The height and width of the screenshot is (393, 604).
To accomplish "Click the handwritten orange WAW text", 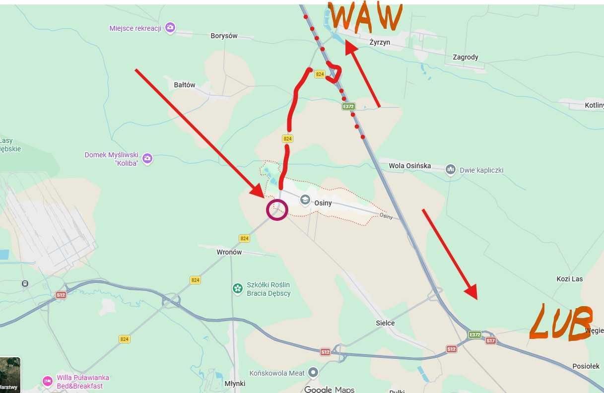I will pyautogui.click(x=365, y=17).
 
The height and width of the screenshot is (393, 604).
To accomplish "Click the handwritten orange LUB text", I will pyautogui.click(x=561, y=324).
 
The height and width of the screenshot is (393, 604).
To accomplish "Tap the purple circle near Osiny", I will pyautogui.click(x=277, y=209).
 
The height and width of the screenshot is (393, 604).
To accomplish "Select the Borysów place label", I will pyautogui.click(x=224, y=36).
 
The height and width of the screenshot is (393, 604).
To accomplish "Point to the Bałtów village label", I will pyautogui.click(x=185, y=85).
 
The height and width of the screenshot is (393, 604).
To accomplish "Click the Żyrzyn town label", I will pyautogui.click(x=380, y=43).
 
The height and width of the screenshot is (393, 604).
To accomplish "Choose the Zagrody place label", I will pyautogui.click(x=465, y=57).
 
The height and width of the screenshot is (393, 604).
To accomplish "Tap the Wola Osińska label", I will pyautogui.click(x=410, y=166).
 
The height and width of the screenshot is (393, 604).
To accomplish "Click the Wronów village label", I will pyautogui.click(x=229, y=252).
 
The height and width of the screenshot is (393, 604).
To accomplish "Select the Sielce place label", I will pyautogui.click(x=385, y=323).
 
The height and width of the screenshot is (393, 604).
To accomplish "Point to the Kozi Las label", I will pyautogui.click(x=569, y=279).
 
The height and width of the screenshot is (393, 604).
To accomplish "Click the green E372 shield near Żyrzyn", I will pyautogui.click(x=348, y=106).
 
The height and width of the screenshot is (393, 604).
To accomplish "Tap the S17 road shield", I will pyautogui.click(x=490, y=341).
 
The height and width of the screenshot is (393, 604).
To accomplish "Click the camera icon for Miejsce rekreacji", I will pyautogui.click(x=170, y=28).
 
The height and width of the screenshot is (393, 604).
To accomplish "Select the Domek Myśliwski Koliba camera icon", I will pyautogui.click(x=147, y=159).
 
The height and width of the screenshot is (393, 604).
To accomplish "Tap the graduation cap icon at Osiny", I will pyautogui.click(x=305, y=200).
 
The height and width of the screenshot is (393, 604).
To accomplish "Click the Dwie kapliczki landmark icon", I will pyautogui.click(x=450, y=170).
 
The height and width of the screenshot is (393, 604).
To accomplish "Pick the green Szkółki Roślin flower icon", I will pyautogui.click(x=238, y=288).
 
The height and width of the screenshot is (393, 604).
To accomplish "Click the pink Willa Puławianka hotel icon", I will pyautogui.click(x=48, y=381).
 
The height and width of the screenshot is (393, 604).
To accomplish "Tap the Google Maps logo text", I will pyautogui.click(x=329, y=390).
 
